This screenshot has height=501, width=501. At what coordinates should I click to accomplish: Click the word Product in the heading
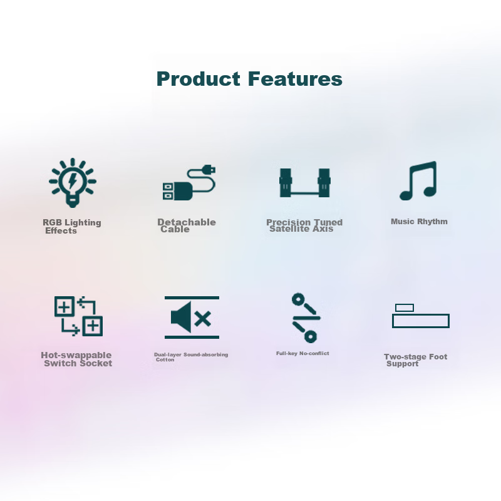click(x=198, y=80)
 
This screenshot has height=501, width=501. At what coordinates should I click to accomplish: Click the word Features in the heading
click(x=294, y=80)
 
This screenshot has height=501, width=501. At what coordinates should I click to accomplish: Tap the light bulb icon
click(x=73, y=182)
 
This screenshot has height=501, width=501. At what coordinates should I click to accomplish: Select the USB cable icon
click(x=189, y=183)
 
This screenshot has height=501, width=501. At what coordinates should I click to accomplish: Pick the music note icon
click(x=418, y=181)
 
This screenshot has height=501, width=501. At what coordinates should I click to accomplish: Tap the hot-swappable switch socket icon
click(x=78, y=316)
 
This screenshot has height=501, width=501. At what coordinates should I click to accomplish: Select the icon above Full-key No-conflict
click(x=306, y=318)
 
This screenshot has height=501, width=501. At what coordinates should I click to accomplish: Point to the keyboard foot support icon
click(x=420, y=316)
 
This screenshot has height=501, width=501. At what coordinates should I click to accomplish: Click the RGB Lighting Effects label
click(x=71, y=227)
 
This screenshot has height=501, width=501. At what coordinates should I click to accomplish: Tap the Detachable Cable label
click(x=186, y=226)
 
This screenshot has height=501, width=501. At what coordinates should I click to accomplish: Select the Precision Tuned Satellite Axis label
click(x=304, y=225)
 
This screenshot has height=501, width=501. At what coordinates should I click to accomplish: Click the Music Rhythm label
click(x=419, y=222)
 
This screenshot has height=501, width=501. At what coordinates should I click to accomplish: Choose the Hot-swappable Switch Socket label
click(x=76, y=359)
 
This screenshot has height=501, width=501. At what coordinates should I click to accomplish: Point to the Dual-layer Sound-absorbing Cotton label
click(x=191, y=357)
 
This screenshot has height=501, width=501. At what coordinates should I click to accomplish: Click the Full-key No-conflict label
click(x=302, y=353)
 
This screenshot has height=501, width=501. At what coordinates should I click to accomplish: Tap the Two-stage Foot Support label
click(x=415, y=360)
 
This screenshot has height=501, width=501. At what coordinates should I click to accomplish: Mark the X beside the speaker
click(x=203, y=319)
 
